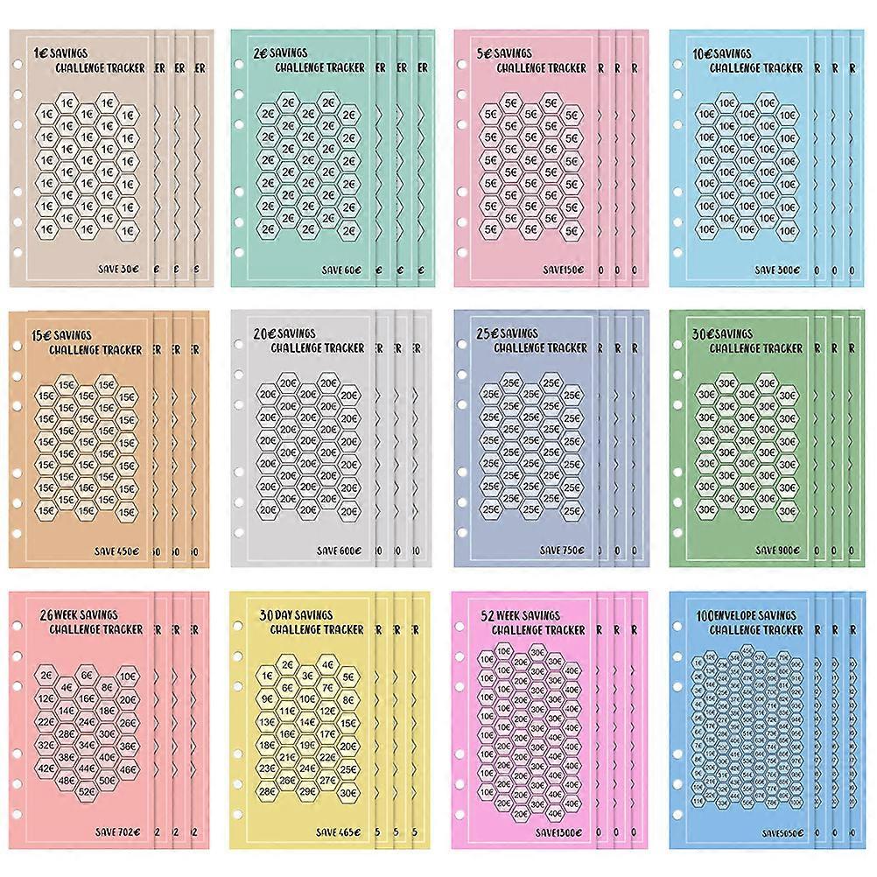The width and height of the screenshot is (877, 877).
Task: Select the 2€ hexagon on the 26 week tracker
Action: [46, 676]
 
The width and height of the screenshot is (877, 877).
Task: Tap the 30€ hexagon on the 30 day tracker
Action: [347, 791]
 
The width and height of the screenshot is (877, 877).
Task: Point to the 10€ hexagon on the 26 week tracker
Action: [128, 676]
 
